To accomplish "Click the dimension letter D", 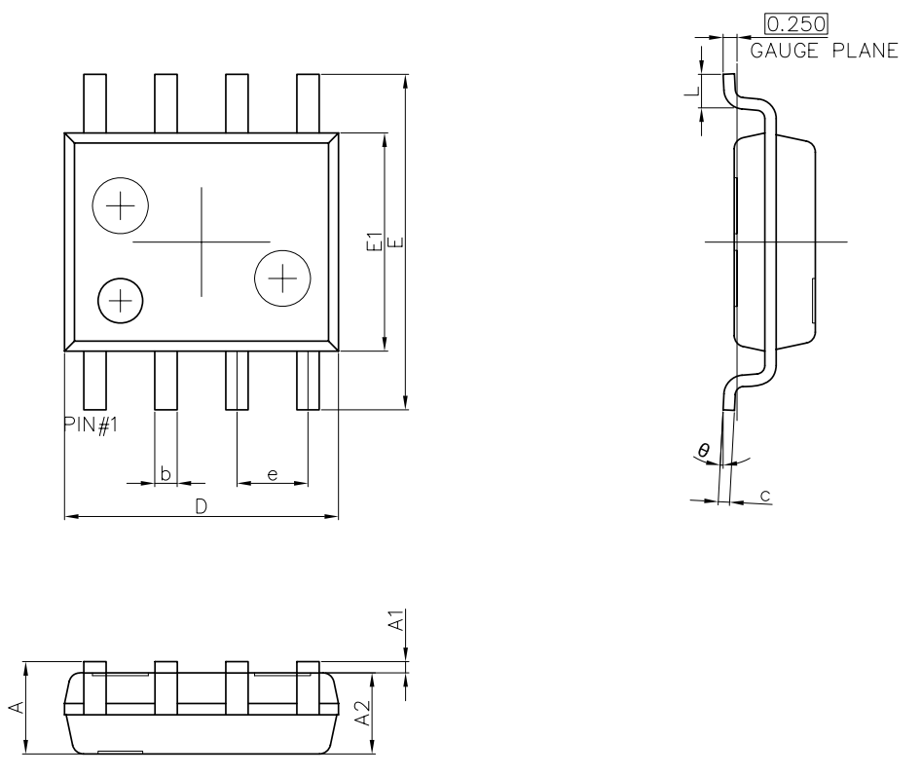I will (201, 506).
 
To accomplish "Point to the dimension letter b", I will (166, 474).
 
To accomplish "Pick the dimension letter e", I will (273, 474).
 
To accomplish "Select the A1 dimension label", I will (396, 621).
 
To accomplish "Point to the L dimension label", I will (690, 92).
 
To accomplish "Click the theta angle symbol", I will (703, 449).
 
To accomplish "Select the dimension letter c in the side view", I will (765, 496).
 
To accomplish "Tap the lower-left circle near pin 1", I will (120, 300).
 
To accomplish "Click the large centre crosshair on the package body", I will (202, 241).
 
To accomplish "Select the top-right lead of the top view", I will (308, 102).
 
